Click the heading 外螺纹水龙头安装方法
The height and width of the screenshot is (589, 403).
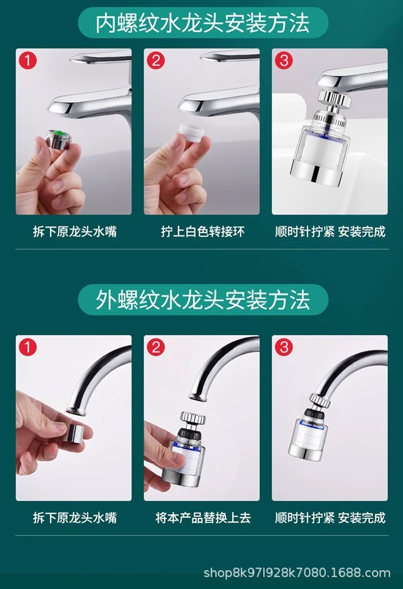pos(203,300)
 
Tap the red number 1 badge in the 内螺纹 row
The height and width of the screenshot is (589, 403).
pos(28,60)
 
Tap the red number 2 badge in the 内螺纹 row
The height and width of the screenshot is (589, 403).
pos(156,60)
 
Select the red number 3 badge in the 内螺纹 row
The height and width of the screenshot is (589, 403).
pos(284,60)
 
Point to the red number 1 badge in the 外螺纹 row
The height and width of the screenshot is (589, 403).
pos(28,347)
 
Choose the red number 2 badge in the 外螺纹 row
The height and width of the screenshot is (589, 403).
pos(156,347)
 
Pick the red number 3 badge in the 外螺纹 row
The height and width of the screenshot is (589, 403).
pos(284,347)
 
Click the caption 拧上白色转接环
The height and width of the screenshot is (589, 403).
pos(203,231)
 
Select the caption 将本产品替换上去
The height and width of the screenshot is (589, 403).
pos(203,518)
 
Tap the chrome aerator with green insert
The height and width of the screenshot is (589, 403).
pos(59,139)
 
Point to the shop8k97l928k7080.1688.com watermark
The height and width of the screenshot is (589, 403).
pos(297,573)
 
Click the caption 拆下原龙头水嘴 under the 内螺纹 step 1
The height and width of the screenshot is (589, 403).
pos(75,231)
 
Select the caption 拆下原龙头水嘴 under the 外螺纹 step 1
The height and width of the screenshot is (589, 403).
pos(75,518)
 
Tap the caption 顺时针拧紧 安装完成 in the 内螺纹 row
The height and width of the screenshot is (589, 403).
pos(330,231)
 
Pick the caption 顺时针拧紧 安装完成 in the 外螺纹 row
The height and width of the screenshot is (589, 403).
pos(330,518)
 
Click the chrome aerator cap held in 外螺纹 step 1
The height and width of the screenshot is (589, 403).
pos(74,433)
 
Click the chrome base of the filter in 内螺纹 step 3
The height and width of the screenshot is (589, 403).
pos(314,174)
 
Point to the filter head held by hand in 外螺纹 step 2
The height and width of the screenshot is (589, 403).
pos(186,449)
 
